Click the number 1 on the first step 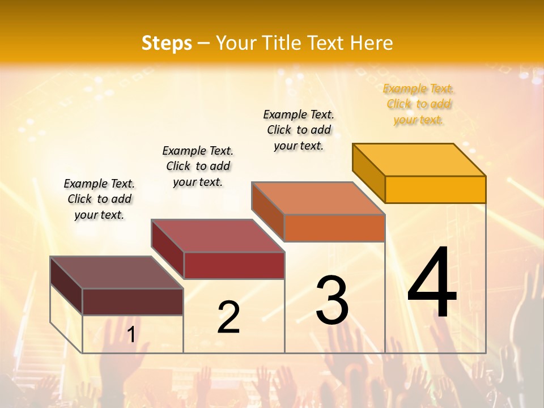tap(131, 335)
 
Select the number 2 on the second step tap(228, 317)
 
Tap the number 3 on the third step tap(332, 300)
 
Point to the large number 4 tap(432, 284)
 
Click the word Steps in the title tap(167, 43)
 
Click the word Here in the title tap(372, 43)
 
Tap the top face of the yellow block tap(419, 159)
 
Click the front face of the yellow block tap(435, 189)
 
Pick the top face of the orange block tap(318, 198)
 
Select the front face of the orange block tap(334, 228)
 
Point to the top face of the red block tap(218, 235)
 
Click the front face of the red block tap(234, 265)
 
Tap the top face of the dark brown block tap(116, 273)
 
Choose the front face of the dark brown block tap(133, 301)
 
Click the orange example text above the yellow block tap(418, 104)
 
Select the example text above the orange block tap(299, 130)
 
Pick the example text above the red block tap(198, 166)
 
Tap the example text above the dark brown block tap(99, 199)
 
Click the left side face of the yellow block tap(369, 173)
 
